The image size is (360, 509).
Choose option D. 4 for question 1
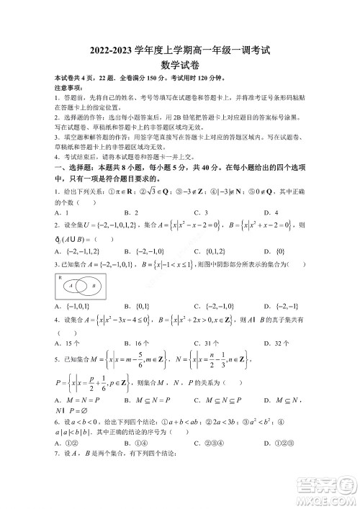269,212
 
